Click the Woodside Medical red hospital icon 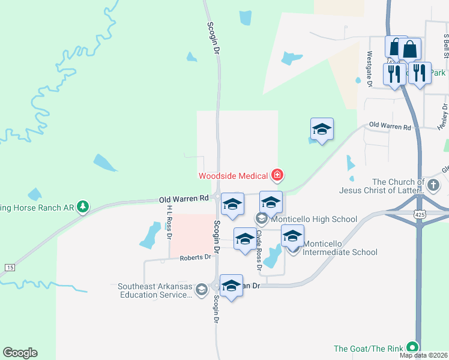(277, 176)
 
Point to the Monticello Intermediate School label (340, 248)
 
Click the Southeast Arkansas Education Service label (155, 290)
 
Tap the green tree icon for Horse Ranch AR (83, 208)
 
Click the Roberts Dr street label (196, 257)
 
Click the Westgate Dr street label (369, 68)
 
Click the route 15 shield (9, 266)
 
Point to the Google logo (20, 353)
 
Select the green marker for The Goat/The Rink (412, 347)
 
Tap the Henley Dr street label (443, 117)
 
